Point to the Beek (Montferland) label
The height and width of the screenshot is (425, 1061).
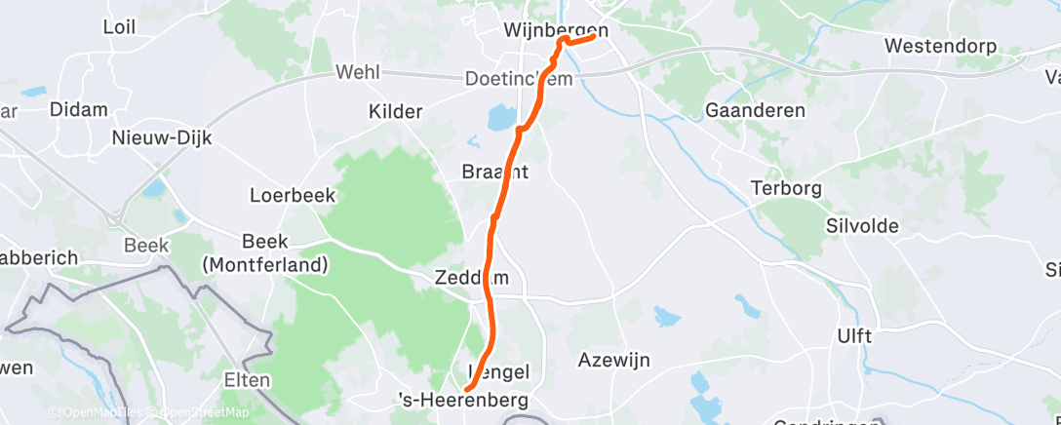pyautogui.click(x=264, y=253)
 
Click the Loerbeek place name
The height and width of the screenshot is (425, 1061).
pyautogui.click(x=293, y=195)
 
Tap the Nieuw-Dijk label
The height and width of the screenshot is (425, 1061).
pyautogui.click(x=162, y=137)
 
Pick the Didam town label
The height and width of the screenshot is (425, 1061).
pyautogui.click(x=78, y=109)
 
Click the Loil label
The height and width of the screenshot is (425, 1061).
pyautogui.click(x=119, y=27)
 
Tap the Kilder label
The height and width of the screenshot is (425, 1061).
pyautogui.click(x=395, y=112)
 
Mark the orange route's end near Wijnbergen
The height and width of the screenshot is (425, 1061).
pyautogui.click(x=593, y=38)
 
